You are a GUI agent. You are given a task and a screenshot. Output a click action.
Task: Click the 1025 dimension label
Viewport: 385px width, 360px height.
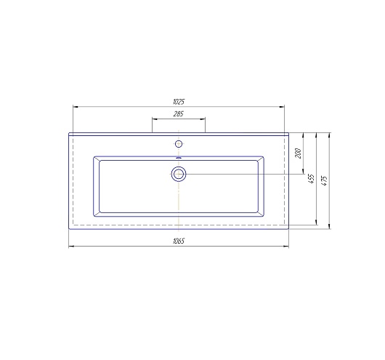click(179, 102)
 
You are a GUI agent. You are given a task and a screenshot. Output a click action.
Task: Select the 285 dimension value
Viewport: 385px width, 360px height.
click(178, 113)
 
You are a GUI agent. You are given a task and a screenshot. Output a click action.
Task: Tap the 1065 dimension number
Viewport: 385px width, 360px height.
click(179, 241)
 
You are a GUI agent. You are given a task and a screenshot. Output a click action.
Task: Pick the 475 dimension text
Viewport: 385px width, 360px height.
click(325, 179)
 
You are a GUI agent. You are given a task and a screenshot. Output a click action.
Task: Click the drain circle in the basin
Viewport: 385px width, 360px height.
click(179, 174)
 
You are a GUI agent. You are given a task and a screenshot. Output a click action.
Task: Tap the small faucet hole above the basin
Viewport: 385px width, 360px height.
click(179, 140)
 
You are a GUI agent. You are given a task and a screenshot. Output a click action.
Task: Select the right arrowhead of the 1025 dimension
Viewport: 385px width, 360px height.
click(283, 106)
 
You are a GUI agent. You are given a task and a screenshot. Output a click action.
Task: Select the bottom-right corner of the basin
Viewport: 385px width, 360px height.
click(264, 217)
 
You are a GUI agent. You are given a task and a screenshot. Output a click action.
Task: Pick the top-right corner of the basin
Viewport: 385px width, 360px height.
click(264, 155)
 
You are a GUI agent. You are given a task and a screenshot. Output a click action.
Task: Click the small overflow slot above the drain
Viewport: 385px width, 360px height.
click(179, 157)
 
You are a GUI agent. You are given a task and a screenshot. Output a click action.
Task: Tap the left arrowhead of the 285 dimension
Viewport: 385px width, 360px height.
click(153, 118)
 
